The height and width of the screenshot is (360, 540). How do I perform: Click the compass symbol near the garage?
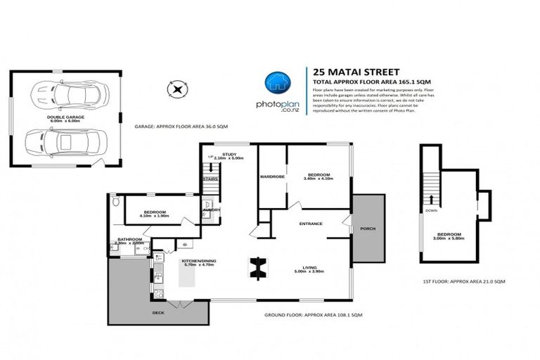[x=176, y=89]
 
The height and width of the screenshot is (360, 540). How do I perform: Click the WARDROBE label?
[x=271, y=176]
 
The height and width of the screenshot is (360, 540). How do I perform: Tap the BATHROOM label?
[x=130, y=239]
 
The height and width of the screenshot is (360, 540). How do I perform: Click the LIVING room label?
[x=309, y=267]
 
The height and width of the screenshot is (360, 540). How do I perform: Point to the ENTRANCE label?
[x=311, y=224]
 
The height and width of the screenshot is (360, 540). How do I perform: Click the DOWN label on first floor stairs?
[x=431, y=210]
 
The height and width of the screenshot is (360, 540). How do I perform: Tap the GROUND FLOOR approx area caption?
[x=312, y=314]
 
